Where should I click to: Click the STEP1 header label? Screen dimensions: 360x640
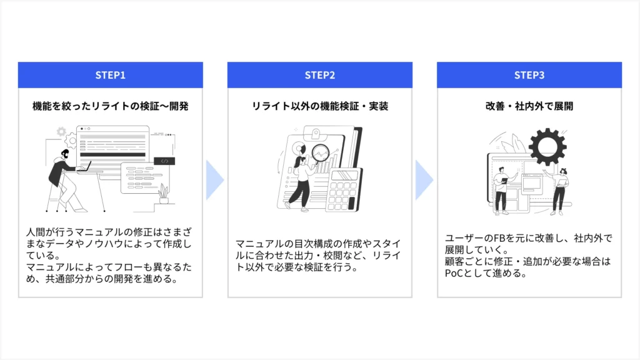[x=111, y=75]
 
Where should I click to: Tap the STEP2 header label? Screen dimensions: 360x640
[x=320, y=75]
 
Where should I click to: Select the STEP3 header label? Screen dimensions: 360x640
[x=529, y=75]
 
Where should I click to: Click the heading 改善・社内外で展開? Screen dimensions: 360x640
[x=529, y=106]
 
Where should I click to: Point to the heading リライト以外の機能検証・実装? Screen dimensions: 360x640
[x=320, y=106]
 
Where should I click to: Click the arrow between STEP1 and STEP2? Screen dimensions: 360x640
[x=214, y=179]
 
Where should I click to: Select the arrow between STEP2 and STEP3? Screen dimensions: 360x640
[x=424, y=179]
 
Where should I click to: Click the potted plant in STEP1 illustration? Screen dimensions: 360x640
[x=164, y=194]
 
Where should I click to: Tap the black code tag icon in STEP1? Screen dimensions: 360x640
[x=164, y=161]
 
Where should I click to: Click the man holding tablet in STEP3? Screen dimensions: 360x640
[x=501, y=191]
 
